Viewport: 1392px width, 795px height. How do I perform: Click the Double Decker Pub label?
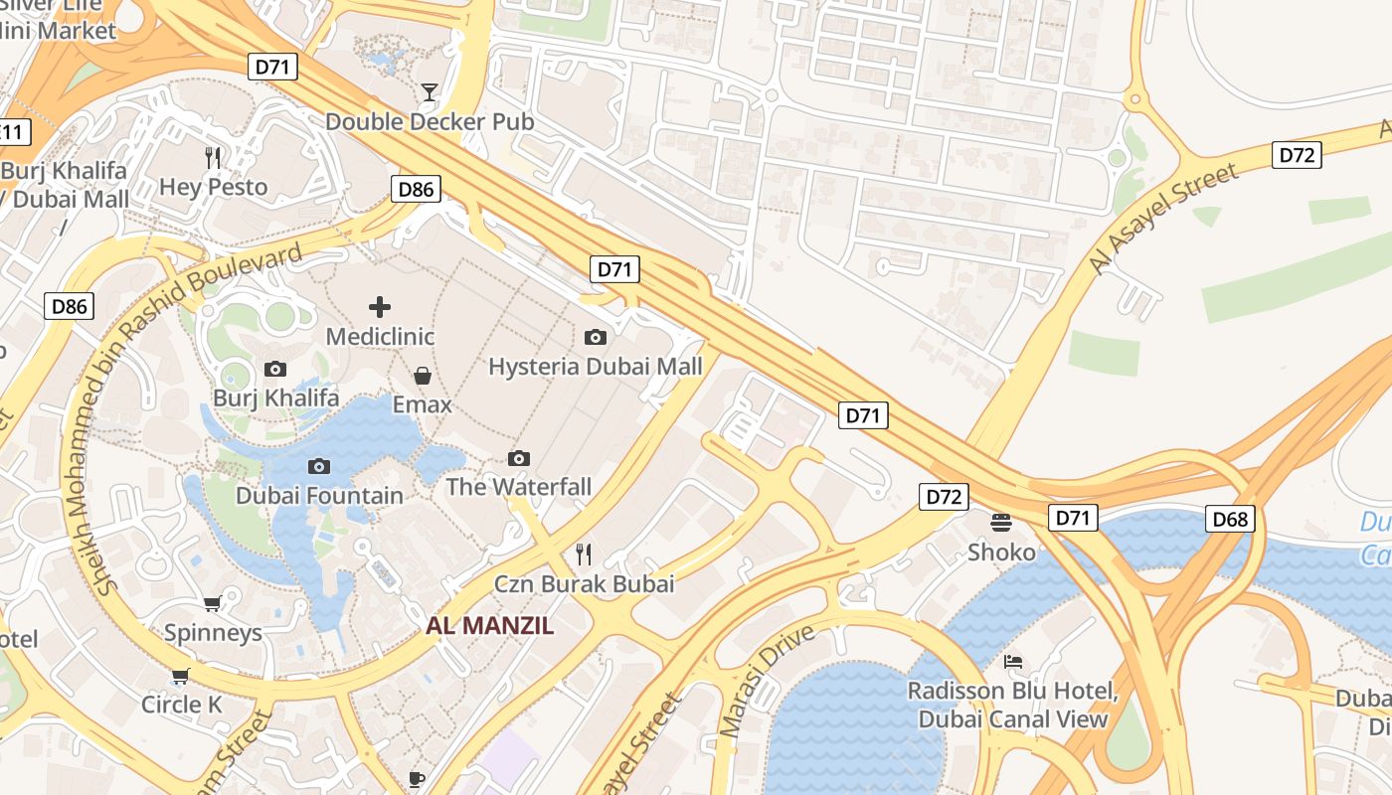430,121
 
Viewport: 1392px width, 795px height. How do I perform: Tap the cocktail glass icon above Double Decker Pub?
429,92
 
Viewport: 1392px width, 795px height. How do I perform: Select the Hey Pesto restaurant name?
214,187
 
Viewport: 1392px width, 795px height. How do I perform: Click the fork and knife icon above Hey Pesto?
213,157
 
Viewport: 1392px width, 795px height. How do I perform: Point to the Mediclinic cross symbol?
380,307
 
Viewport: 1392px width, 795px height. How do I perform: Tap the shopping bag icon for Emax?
423,375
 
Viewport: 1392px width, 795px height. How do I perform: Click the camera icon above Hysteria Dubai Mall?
596,337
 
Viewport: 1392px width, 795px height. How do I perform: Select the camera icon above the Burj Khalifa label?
275,369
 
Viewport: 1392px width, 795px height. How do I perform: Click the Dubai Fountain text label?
319,495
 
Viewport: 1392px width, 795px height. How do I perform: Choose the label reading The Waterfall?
518,487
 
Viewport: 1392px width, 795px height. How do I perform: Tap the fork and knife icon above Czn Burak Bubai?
585,555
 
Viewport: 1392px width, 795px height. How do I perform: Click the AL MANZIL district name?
490,626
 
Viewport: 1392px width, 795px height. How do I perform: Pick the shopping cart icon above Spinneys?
213,603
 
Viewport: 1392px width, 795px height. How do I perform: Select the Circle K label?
182,705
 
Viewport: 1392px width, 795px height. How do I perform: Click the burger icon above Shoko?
1001,522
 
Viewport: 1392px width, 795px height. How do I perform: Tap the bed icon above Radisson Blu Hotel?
1013,661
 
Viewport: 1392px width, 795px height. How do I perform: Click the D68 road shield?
1231,518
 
